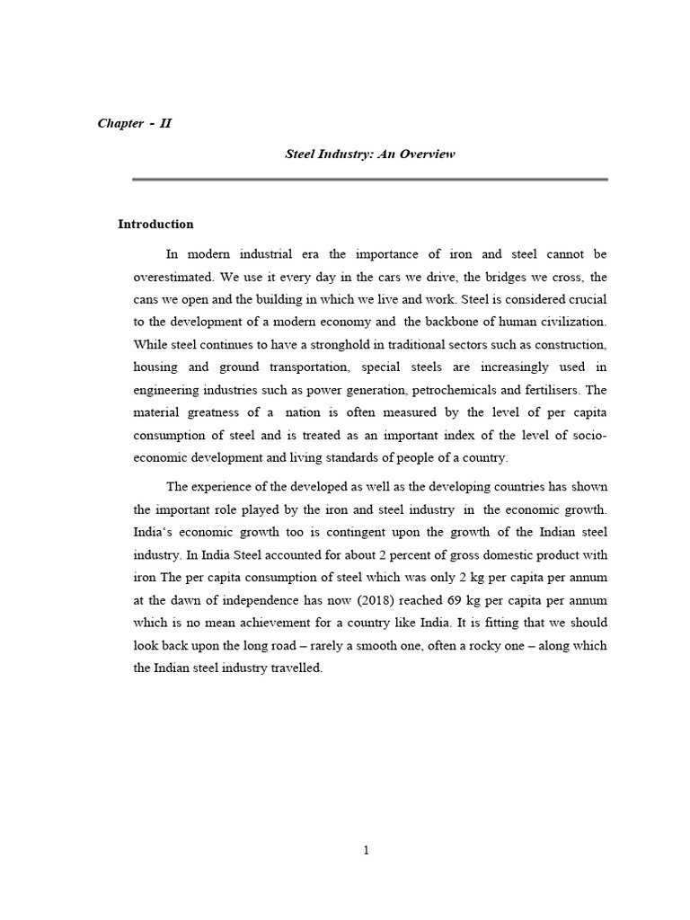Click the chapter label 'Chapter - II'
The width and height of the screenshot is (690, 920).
pos(134,123)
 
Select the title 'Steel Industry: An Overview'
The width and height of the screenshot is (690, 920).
pos(370,154)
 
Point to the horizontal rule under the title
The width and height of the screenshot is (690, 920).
pos(369,180)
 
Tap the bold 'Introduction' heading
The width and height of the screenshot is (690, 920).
pos(155,225)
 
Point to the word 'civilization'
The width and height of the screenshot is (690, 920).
pos(572,321)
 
